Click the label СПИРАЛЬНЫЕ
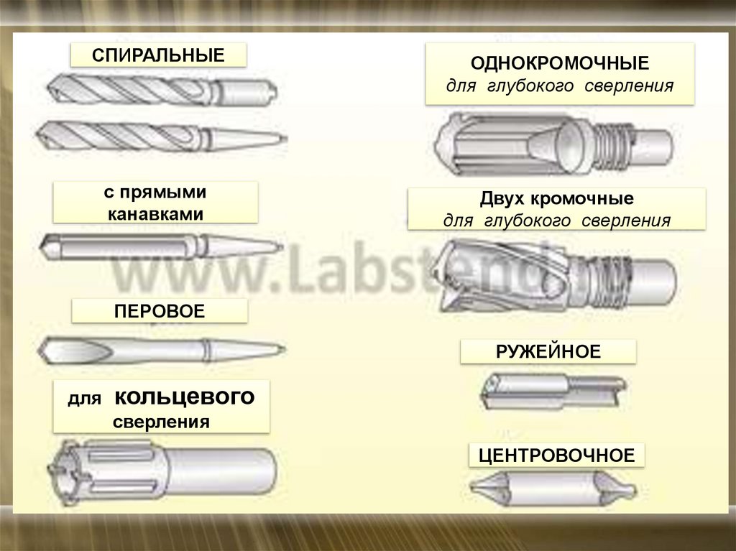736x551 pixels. click(158, 55)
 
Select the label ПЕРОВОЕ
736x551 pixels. click(159, 311)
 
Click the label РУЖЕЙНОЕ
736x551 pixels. click(548, 351)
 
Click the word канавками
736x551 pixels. click(155, 214)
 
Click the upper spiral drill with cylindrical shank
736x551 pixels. click(162, 91)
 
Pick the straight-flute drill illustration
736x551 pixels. click(158, 245)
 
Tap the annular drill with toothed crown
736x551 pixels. click(162, 469)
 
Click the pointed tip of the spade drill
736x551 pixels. click(42, 351)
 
